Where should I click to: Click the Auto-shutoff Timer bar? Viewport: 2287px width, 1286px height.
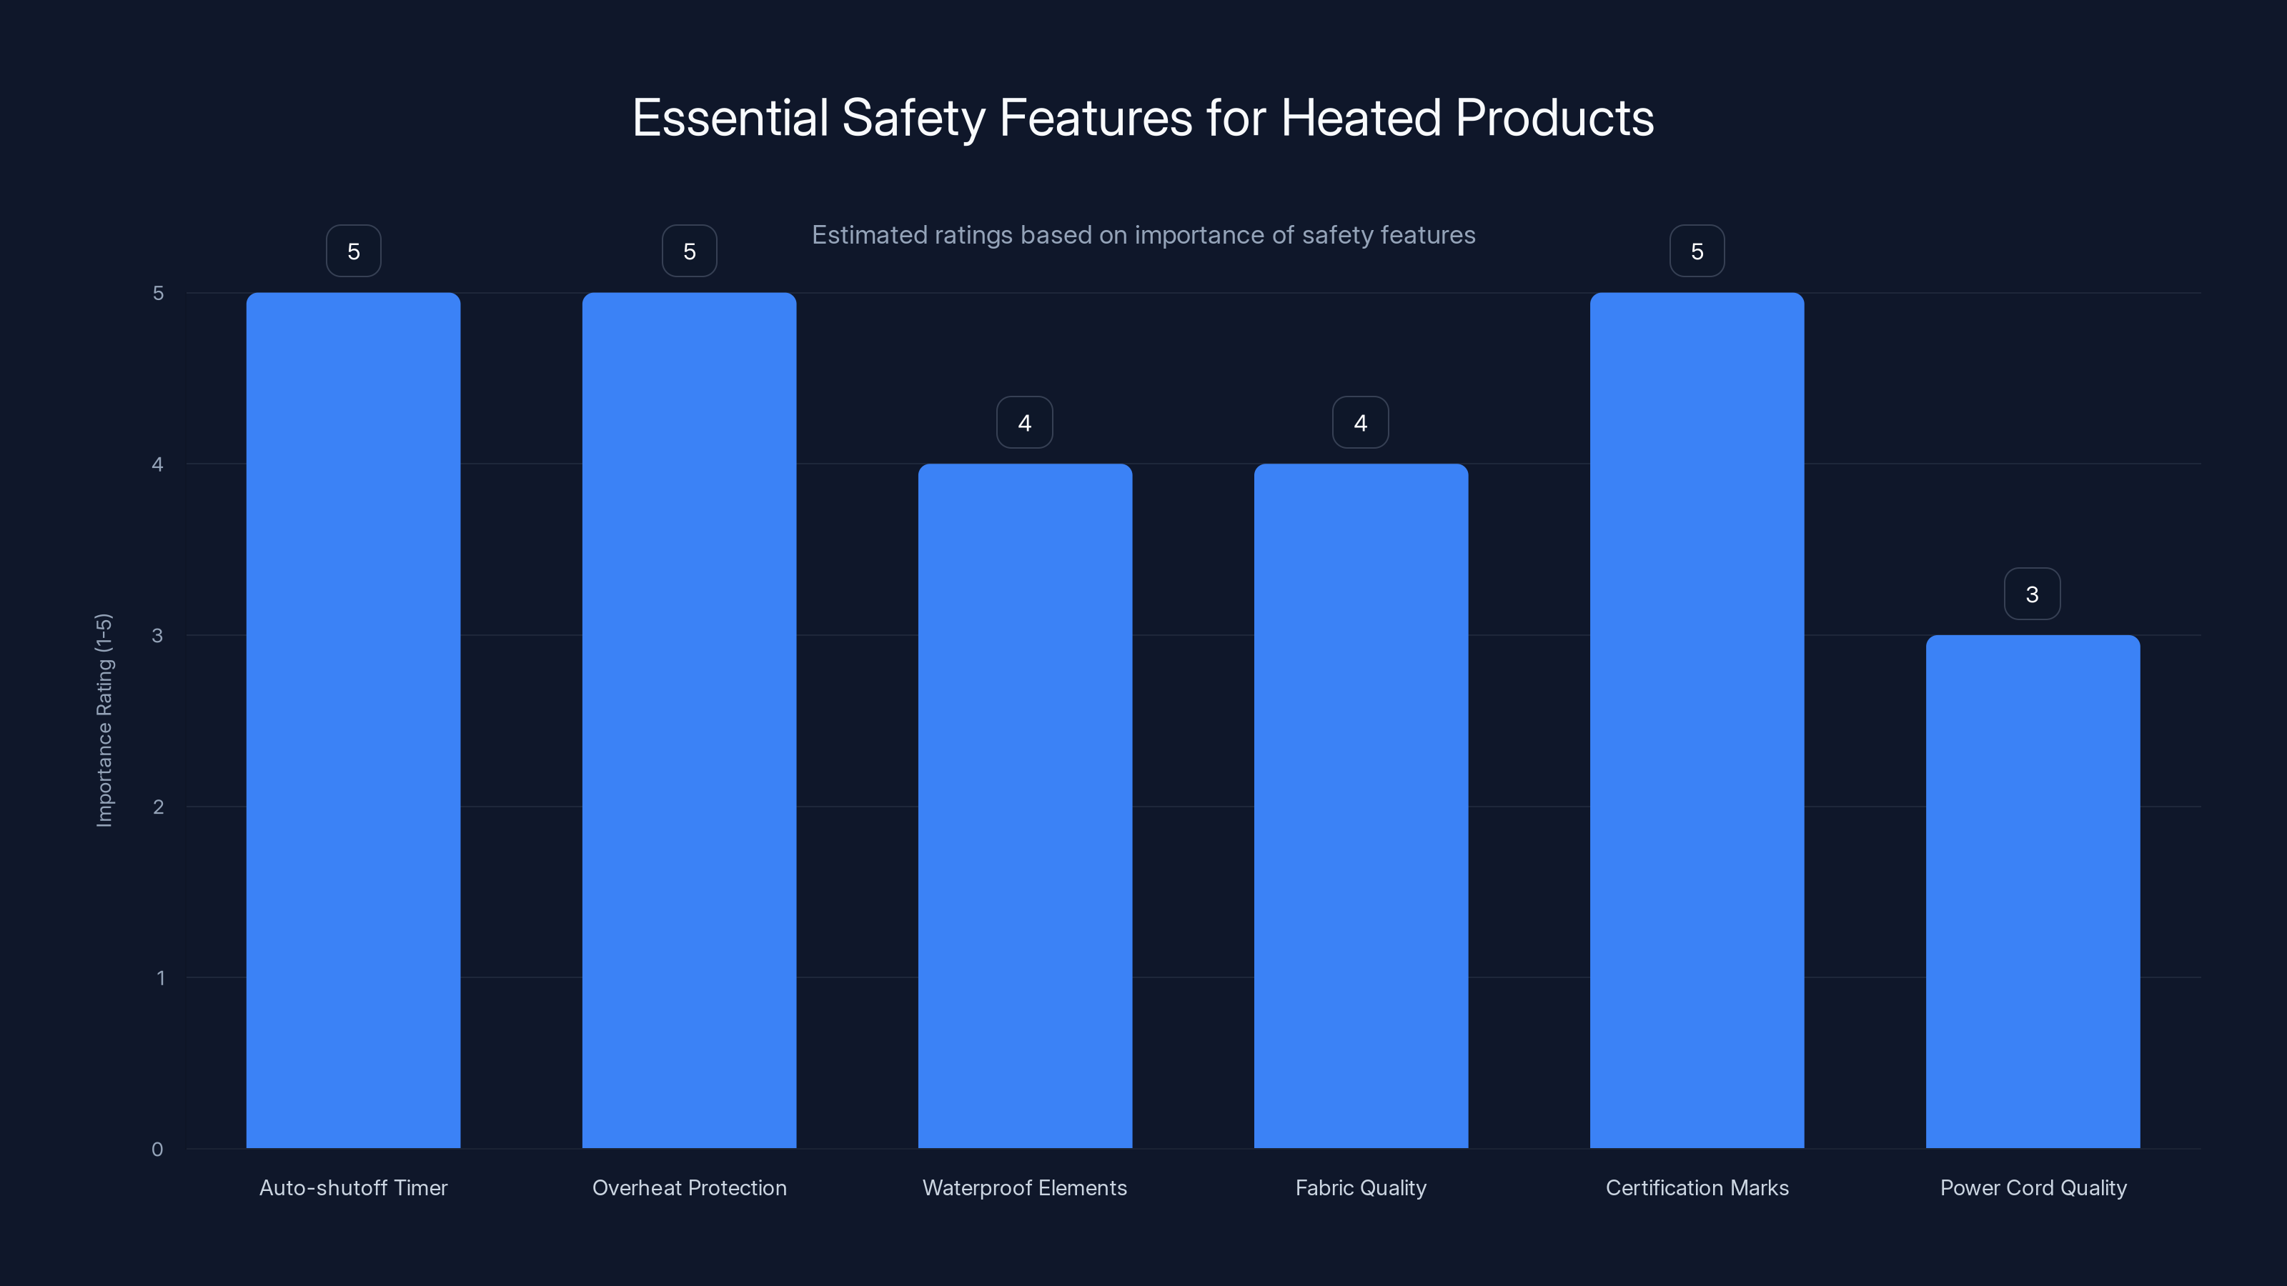tap(353, 719)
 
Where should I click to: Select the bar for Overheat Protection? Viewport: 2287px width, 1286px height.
tap(689, 719)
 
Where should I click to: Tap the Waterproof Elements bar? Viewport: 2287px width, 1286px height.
tap(1025, 806)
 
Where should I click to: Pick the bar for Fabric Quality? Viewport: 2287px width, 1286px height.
tap(1361, 806)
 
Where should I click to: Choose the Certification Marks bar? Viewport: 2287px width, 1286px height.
tap(1697, 719)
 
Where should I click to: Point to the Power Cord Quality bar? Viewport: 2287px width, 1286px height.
tap(2032, 891)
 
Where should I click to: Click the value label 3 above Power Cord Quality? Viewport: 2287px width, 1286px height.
tap(2032, 594)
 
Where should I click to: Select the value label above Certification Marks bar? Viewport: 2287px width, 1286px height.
tap(1697, 252)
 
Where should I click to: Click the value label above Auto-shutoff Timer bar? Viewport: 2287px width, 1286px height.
tap(353, 252)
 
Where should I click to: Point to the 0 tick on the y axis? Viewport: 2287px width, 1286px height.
tap(157, 1150)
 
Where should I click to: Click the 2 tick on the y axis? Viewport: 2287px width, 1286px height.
tap(158, 807)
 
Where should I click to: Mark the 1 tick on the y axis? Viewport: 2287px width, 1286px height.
tap(160, 978)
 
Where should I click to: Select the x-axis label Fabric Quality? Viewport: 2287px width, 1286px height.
tap(1361, 1187)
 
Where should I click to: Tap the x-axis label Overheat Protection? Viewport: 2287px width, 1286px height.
tap(689, 1187)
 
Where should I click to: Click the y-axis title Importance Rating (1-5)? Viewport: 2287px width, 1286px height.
tap(104, 719)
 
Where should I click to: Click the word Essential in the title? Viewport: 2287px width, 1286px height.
tap(730, 118)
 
